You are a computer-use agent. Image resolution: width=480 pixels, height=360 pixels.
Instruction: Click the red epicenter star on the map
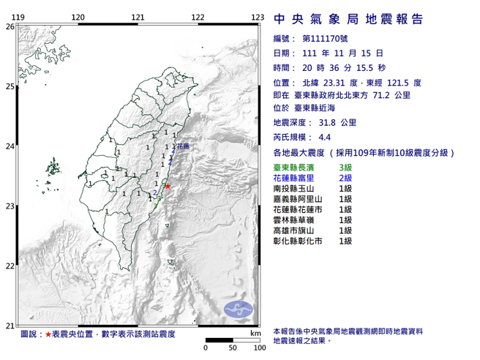coord(168,186)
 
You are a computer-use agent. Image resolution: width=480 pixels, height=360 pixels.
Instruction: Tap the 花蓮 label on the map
coord(182,146)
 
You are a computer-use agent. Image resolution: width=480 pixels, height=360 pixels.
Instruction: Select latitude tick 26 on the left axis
coord(10,26)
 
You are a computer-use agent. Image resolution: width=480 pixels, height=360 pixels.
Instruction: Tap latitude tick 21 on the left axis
coord(10,326)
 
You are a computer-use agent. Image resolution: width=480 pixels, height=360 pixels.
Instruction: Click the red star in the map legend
coord(48,334)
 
